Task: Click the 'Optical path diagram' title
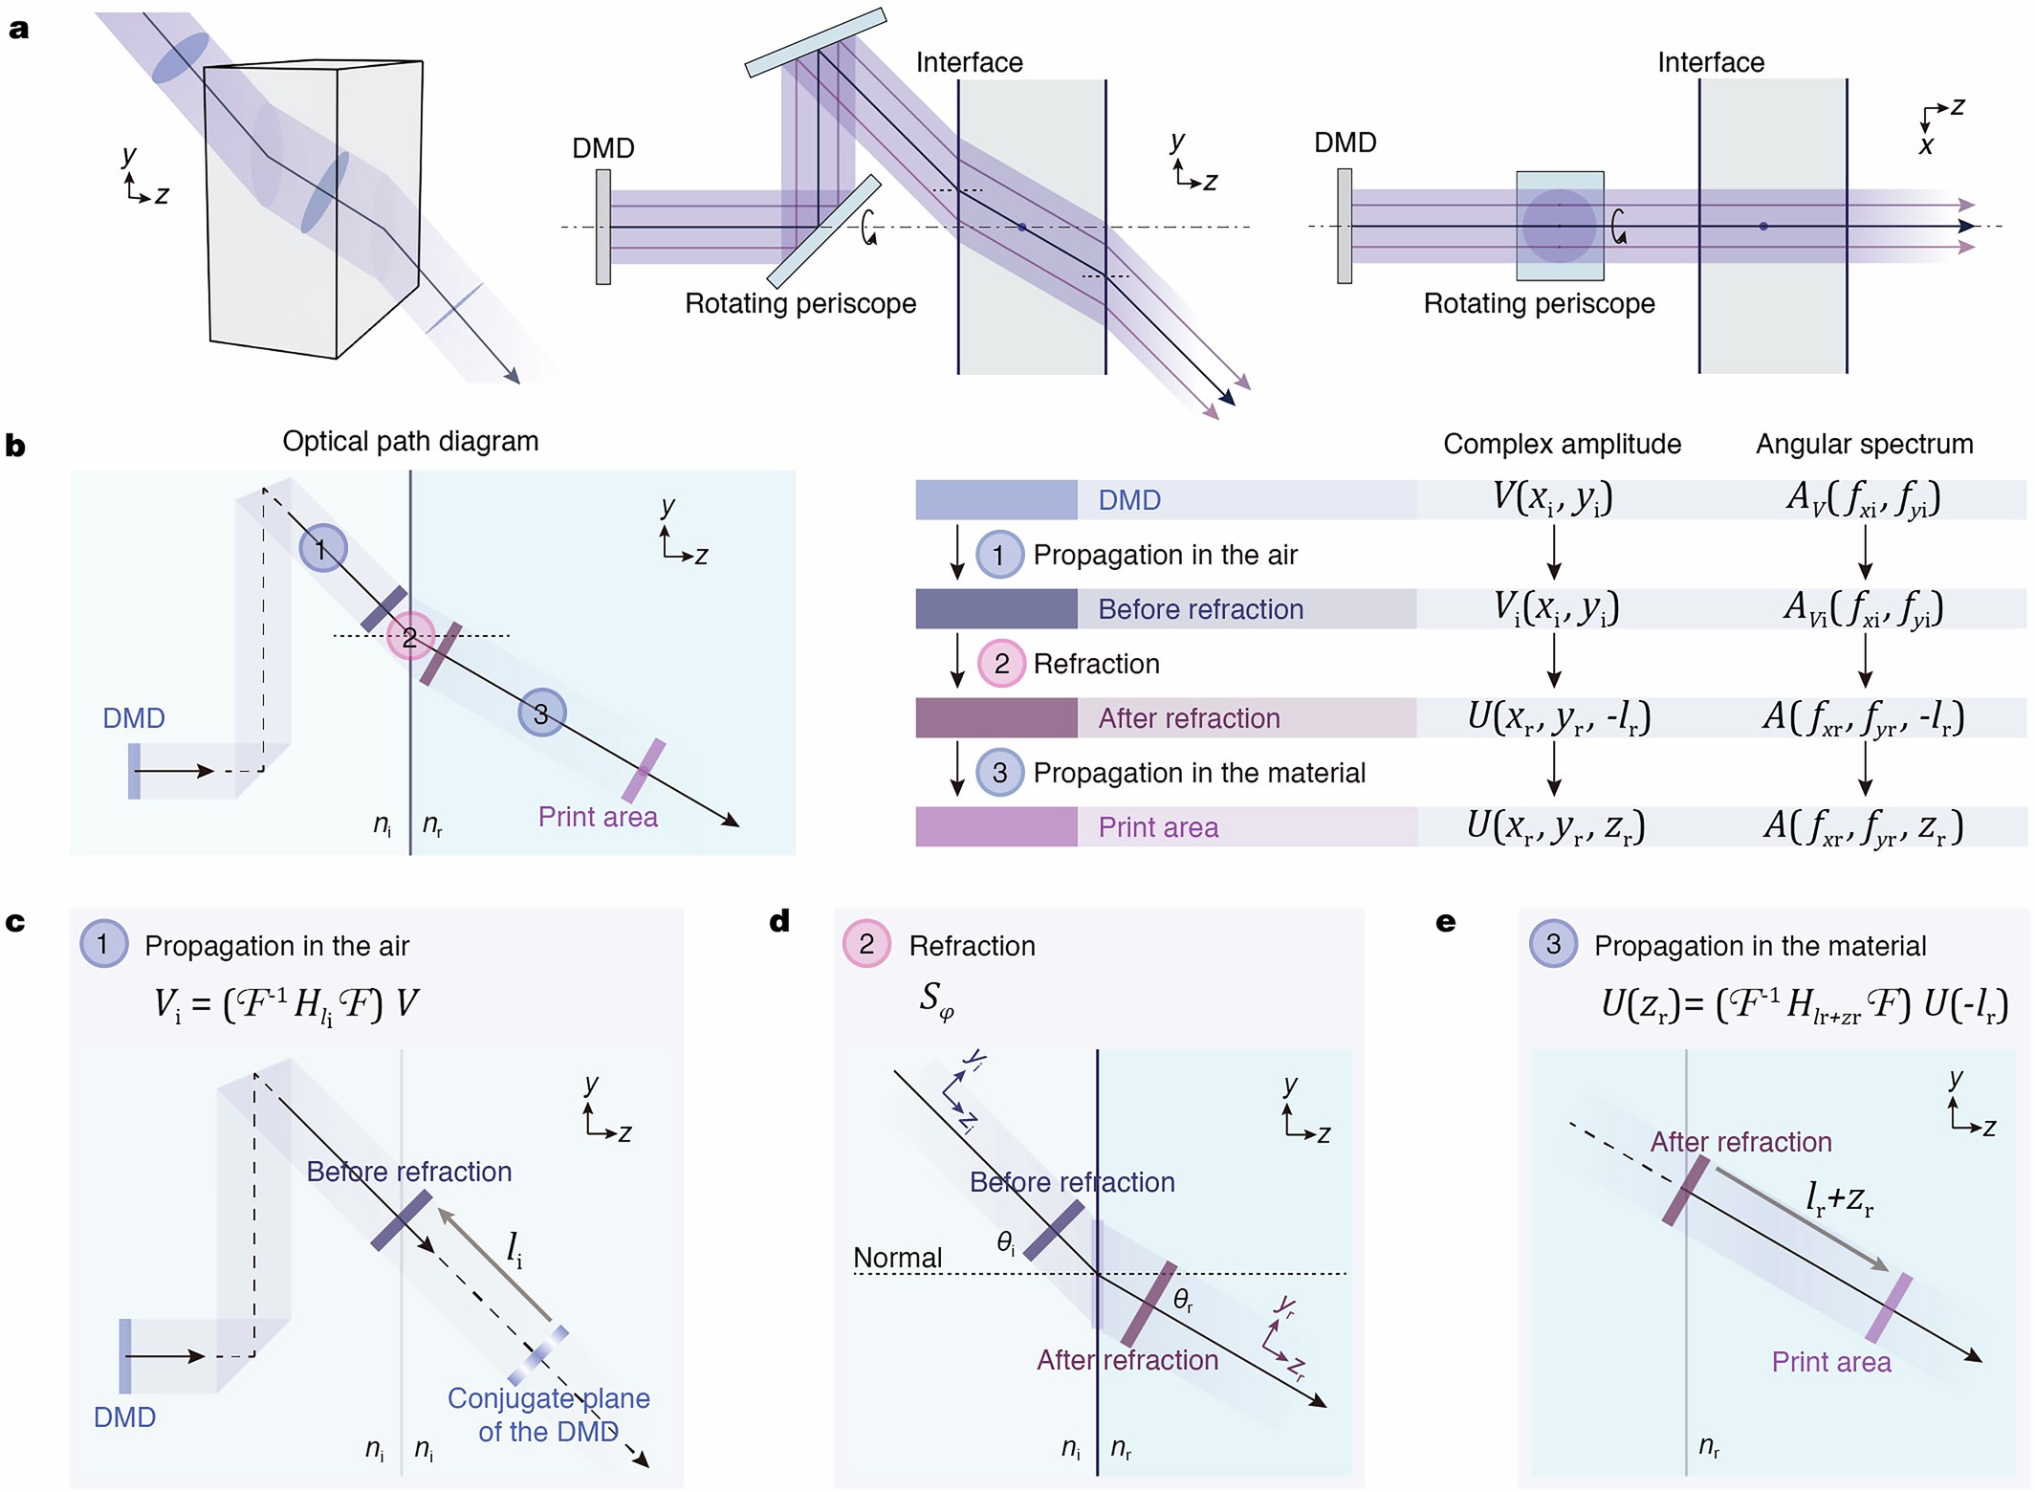click(410, 441)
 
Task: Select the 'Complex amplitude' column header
click(1562, 444)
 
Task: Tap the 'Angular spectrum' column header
click(1864, 444)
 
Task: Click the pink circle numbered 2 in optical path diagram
click(410, 637)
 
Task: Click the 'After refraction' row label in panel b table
click(1189, 718)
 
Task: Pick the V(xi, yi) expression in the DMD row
click(1553, 498)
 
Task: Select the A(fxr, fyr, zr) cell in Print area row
click(1863, 826)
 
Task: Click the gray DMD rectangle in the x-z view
click(1344, 227)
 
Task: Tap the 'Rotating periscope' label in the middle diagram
click(800, 303)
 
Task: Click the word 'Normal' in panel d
click(897, 1258)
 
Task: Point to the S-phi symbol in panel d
click(936, 999)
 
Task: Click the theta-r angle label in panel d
click(1183, 1299)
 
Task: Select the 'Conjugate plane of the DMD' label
click(548, 1415)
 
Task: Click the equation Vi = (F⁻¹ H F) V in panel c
click(286, 1004)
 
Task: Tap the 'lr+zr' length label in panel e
click(1838, 1197)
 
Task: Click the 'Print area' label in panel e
click(1830, 1362)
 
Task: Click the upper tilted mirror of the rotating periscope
click(816, 42)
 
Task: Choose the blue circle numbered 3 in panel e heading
click(1553, 944)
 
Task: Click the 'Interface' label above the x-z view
click(1710, 62)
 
